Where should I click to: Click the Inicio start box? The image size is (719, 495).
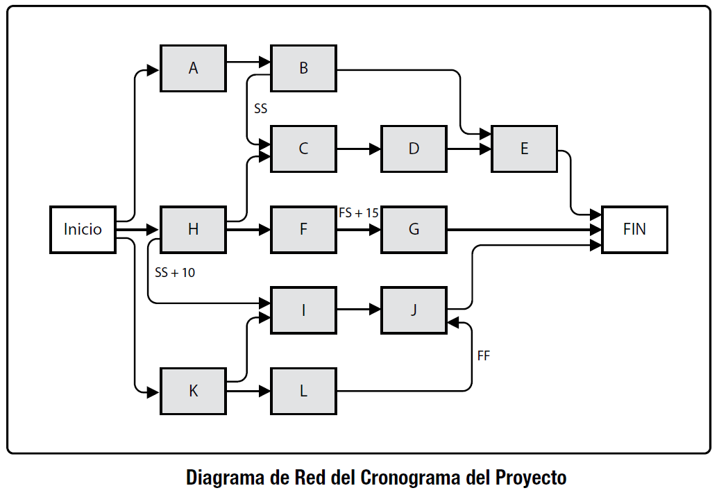[x=83, y=229]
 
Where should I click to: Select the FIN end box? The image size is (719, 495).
[x=634, y=229]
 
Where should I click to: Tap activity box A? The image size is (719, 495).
[x=193, y=68]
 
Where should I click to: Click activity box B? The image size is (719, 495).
[x=303, y=68]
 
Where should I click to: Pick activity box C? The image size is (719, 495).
[x=303, y=149]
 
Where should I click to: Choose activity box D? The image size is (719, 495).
[x=414, y=149]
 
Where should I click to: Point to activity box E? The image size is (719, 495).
[x=524, y=149]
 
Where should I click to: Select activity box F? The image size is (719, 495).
[x=303, y=229]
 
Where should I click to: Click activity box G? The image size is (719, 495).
[x=414, y=229]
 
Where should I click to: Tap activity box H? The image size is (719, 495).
[x=193, y=229]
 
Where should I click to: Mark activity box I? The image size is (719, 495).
[x=303, y=310]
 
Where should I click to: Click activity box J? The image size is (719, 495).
[x=414, y=310]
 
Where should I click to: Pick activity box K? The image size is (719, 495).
[x=193, y=391]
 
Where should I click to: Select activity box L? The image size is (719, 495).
[x=303, y=391]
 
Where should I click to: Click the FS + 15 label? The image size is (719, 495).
[x=358, y=213]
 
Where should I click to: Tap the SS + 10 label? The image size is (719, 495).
[x=175, y=273]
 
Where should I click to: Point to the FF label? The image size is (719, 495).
[x=484, y=355]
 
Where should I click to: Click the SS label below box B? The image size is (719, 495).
[x=260, y=109]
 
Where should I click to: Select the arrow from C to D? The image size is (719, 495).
[x=358, y=149]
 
